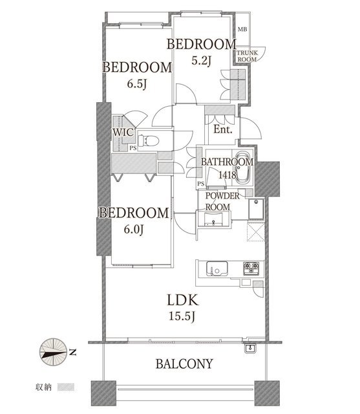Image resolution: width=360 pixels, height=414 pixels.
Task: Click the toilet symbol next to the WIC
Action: (x=149, y=140)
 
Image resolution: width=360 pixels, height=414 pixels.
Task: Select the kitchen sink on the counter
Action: (x=217, y=268)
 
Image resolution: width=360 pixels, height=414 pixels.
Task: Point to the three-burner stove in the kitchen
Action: (x=251, y=268)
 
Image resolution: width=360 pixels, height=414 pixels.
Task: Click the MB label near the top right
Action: (x=242, y=29)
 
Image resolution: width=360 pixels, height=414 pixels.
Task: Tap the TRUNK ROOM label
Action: (x=247, y=56)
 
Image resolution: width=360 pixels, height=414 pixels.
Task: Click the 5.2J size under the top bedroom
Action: (x=201, y=61)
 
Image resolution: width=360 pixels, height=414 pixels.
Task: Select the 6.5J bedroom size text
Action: (x=136, y=84)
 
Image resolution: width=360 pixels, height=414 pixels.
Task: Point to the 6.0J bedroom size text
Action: (x=134, y=230)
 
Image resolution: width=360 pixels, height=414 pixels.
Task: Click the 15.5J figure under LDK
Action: (x=182, y=316)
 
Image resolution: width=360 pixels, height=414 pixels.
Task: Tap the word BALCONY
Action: (x=184, y=364)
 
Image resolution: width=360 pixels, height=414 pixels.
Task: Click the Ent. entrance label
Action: (x=223, y=129)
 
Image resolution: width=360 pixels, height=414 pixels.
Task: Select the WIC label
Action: (x=123, y=132)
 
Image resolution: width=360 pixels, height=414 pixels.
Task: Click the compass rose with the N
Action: (x=53, y=352)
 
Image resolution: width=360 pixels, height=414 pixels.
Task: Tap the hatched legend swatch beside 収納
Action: (x=66, y=387)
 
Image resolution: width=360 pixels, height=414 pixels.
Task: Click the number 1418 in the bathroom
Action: (x=228, y=175)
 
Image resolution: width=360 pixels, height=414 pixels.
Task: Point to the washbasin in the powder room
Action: (x=214, y=219)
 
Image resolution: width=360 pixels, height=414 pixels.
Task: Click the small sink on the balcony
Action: (x=249, y=349)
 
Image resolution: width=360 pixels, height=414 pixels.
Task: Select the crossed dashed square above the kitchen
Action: (x=256, y=232)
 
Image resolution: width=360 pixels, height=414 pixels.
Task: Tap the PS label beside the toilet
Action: (x=133, y=148)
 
